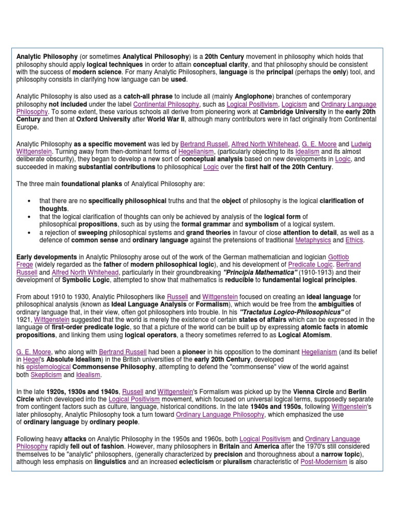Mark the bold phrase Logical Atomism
click(305, 335)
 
